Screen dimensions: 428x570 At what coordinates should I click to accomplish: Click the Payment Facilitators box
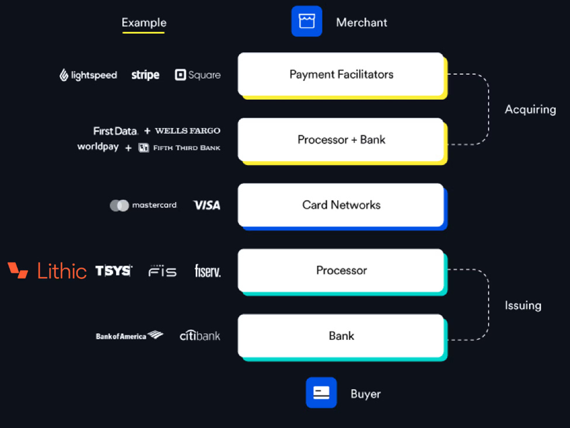341,74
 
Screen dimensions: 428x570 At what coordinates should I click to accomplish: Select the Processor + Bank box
341,140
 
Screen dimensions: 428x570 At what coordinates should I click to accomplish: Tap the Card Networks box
341,205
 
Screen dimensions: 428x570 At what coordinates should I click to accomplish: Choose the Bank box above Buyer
341,336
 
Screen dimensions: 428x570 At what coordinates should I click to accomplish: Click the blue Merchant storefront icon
307,22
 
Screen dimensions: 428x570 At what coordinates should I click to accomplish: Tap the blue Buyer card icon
321,392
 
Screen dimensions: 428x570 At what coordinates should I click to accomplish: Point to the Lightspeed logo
88,75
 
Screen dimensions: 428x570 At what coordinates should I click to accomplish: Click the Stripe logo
145,75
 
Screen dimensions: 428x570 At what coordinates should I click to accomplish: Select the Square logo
198,75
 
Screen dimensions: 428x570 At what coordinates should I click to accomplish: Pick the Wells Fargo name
188,131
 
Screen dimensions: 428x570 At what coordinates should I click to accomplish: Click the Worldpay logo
98,147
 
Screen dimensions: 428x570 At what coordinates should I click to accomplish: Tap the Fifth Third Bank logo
179,148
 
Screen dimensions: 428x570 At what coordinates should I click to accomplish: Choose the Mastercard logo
143,205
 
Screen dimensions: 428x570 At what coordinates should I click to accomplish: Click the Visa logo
207,205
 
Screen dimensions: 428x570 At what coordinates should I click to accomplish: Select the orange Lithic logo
47,271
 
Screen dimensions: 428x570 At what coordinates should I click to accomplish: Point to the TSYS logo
113,271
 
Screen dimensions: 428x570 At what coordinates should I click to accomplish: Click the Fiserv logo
208,271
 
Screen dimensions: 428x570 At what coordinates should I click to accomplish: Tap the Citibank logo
200,336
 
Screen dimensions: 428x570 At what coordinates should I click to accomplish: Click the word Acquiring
530,109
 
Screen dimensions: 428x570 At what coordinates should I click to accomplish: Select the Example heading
144,23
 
